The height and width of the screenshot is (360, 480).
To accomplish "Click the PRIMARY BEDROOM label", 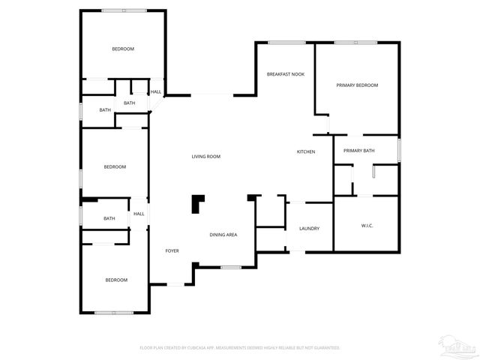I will pyautogui.click(x=357, y=85).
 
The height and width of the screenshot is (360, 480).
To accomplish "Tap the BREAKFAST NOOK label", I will pyautogui.click(x=286, y=74).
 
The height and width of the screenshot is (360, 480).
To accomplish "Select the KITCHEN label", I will pyautogui.click(x=305, y=152).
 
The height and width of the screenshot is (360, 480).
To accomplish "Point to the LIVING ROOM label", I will pyautogui.click(x=205, y=156).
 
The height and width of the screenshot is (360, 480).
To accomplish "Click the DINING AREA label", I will pyautogui.click(x=223, y=235).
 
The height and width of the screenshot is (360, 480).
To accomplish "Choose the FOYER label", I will pyautogui.click(x=172, y=250).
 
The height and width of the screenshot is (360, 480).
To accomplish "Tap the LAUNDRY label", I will pyautogui.click(x=310, y=229).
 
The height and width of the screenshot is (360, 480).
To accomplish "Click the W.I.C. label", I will pyautogui.click(x=367, y=226).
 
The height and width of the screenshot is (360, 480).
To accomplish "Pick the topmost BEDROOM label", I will pyautogui.click(x=123, y=49).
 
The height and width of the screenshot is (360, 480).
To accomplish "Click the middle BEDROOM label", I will pyautogui.click(x=115, y=166).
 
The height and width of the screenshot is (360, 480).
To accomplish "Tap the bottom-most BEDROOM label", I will pyautogui.click(x=116, y=280).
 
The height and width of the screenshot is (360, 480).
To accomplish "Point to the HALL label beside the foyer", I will pyautogui.click(x=139, y=214).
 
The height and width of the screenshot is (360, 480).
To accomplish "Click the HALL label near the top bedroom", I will pyautogui.click(x=156, y=92).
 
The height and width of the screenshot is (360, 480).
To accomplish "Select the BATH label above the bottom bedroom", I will pyautogui.click(x=109, y=218).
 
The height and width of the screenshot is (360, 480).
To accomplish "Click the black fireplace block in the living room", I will pyautogui.click(x=198, y=202).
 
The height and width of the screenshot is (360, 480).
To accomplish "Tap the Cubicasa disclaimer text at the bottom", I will pyautogui.click(x=240, y=348).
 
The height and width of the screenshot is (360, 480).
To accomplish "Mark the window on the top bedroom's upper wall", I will pyautogui.click(x=123, y=10).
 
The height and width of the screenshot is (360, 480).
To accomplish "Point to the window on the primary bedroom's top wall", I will pyautogui.click(x=355, y=42).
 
